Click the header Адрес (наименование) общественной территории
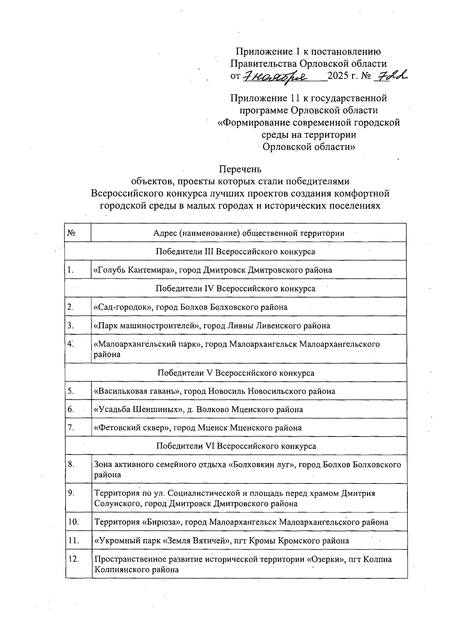(248, 233)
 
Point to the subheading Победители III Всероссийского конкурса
(235, 251)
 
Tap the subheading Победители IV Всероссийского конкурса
(235, 288)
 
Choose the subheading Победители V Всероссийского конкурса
(235, 373)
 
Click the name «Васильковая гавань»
(138, 391)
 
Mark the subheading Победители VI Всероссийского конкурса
(235, 446)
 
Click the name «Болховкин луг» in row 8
(261, 465)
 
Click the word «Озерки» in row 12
(326, 559)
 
